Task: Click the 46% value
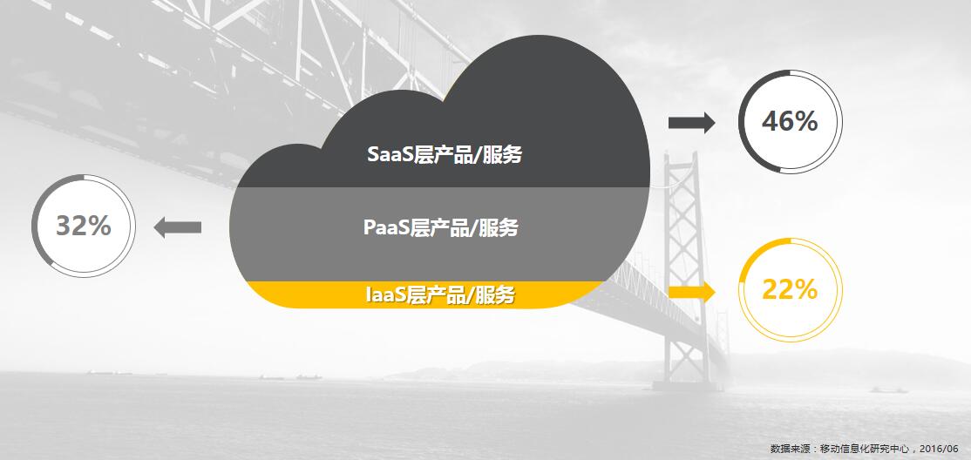coord(790,122)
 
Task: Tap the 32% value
coord(84,226)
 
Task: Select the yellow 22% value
coord(790,289)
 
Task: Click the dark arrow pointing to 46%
coord(692,123)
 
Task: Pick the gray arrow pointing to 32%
coord(177,227)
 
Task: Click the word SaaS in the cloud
coord(386,155)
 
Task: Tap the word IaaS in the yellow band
coord(384,295)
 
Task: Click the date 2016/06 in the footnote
coord(939,448)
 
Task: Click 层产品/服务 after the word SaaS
coord(464,155)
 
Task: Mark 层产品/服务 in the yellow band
coord(459,295)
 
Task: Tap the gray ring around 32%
coord(33,226)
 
